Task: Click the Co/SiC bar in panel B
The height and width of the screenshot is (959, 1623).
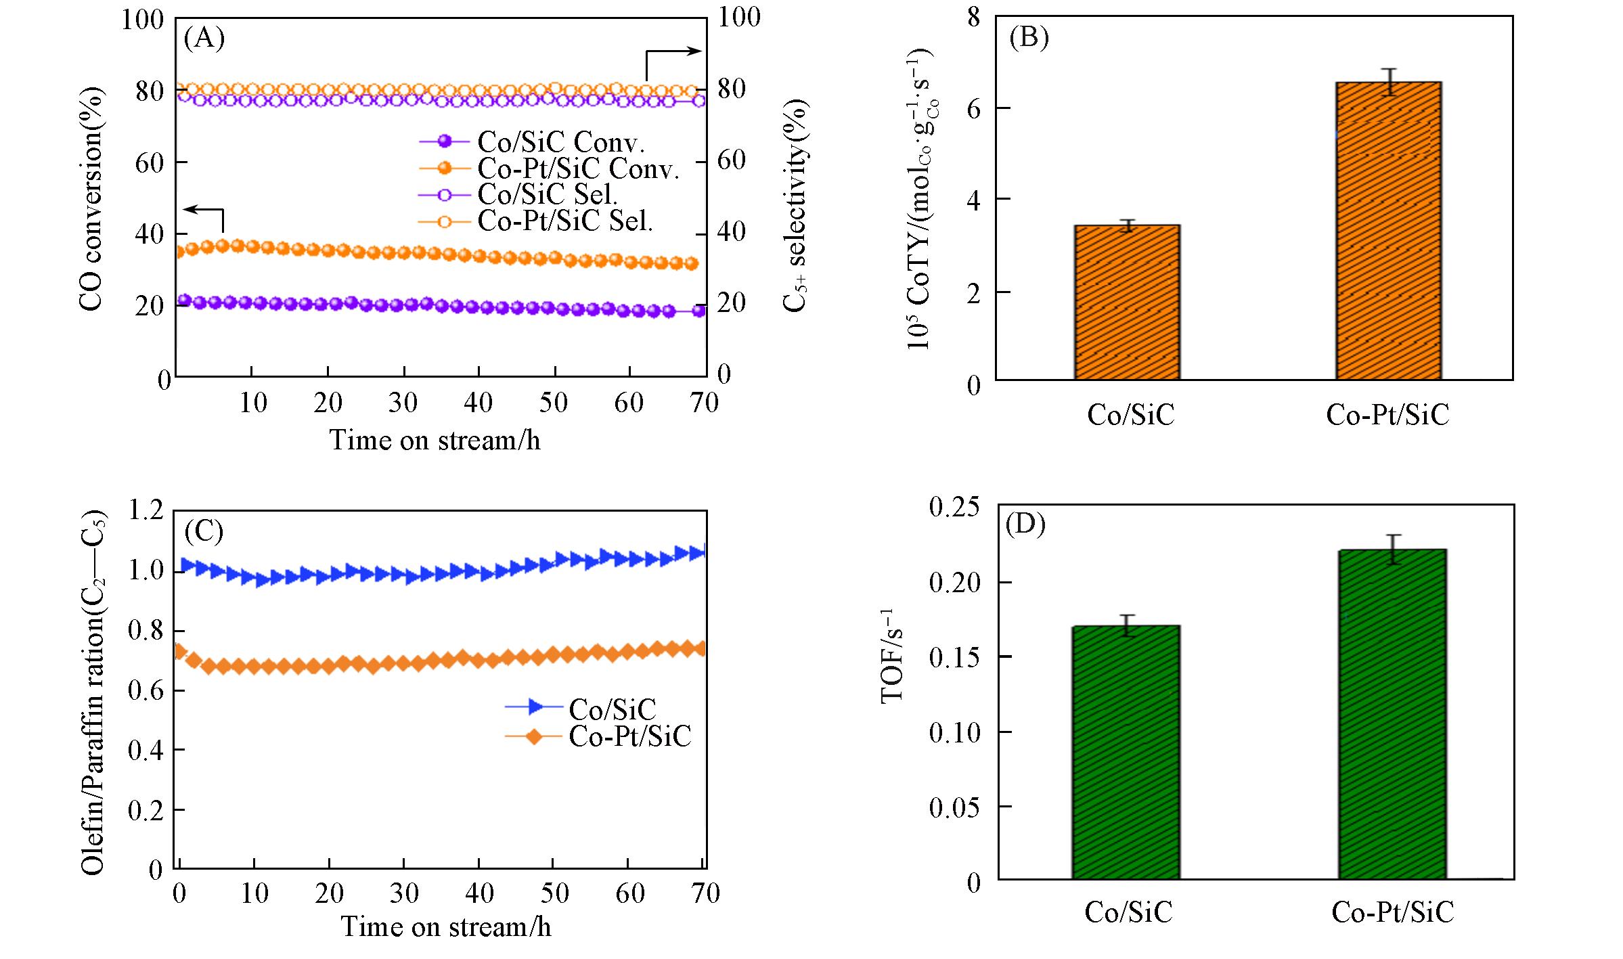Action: click(x=1127, y=302)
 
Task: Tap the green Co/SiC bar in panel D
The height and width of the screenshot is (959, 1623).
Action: click(x=1126, y=752)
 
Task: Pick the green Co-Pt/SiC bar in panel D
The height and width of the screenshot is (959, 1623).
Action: click(x=1392, y=714)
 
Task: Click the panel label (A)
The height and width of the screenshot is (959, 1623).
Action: click(x=204, y=39)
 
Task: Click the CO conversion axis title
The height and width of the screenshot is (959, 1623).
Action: click(x=91, y=198)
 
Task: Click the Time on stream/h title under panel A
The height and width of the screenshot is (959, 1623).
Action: click(x=435, y=440)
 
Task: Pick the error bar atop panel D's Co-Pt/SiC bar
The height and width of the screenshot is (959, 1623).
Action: click(x=1392, y=549)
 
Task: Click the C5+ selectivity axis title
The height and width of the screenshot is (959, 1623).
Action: click(x=795, y=205)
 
